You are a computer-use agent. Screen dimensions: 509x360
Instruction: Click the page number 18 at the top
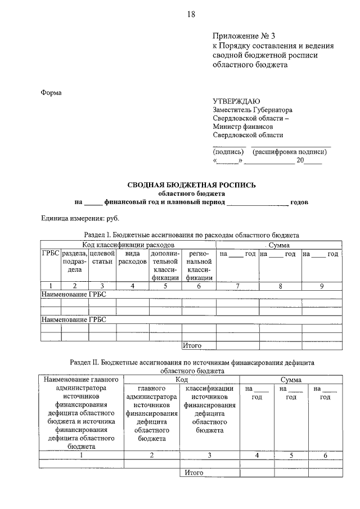pos(191,15)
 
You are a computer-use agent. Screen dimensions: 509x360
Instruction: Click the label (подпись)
pos(228,152)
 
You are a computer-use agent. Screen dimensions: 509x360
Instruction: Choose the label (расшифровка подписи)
pos(289,152)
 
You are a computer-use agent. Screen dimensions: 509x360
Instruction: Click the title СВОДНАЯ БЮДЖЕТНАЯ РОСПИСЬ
pos(191,184)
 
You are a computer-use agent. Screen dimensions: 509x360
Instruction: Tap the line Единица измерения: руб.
pos(80,218)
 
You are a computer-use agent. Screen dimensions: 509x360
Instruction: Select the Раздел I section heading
pos(191,235)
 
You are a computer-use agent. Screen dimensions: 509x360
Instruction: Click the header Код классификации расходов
pos(129,245)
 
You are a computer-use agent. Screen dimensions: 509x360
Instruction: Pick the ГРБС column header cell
pos(51,254)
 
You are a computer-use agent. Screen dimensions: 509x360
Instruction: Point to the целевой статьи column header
pos(102,258)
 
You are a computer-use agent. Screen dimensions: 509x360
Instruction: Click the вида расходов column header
pos(132,258)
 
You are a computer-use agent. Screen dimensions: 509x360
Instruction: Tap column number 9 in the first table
pos(321,286)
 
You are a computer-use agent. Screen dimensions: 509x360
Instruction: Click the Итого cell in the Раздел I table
pos(192,345)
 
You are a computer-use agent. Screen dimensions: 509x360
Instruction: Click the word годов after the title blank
pos(299,201)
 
